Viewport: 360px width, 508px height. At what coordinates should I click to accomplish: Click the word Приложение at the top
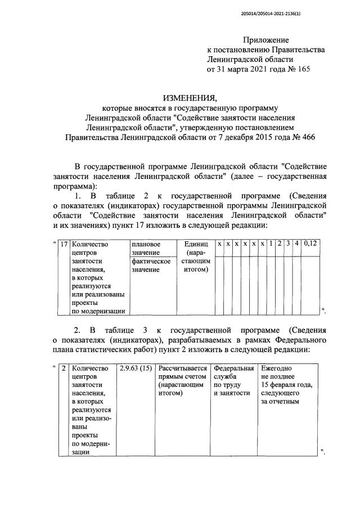point(265,40)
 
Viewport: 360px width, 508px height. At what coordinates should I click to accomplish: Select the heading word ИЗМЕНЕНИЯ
point(186,97)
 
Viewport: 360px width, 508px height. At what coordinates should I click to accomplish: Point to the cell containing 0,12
point(310,244)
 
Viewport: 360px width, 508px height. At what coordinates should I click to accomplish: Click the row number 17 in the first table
point(64,244)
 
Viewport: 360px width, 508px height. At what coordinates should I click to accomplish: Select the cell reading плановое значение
point(146,249)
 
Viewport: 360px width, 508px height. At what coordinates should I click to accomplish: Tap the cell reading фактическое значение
point(151,266)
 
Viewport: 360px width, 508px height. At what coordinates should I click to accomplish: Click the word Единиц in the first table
point(196,244)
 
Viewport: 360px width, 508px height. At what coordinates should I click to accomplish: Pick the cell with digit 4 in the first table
point(296,244)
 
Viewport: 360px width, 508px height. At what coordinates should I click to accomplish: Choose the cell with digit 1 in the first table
point(271,244)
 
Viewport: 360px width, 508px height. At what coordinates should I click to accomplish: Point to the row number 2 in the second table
point(64,368)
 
